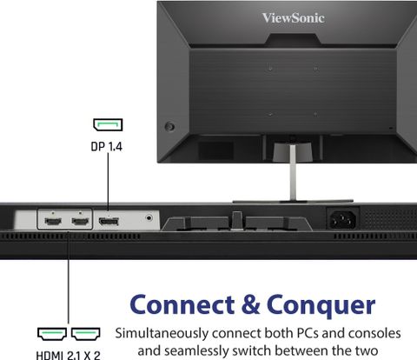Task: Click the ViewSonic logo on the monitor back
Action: point(293,18)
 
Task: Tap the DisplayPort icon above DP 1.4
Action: point(108,124)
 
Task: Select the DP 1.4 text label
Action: point(107,147)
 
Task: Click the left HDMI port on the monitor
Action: point(53,222)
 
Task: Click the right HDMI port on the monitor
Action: point(80,222)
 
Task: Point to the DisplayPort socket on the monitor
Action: point(109,222)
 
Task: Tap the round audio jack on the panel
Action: point(149,217)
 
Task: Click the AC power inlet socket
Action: point(343,219)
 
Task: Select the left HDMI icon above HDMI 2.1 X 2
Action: point(52,334)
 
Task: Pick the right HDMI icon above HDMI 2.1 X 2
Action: point(86,334)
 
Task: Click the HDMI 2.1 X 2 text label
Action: point(69,356)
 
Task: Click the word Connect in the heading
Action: point(182,305)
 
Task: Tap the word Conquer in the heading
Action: point(321,307)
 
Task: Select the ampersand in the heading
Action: point(250,304)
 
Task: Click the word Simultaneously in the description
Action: point(162,334)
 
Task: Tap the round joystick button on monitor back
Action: point(169,127)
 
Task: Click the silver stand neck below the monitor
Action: point(293,172)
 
